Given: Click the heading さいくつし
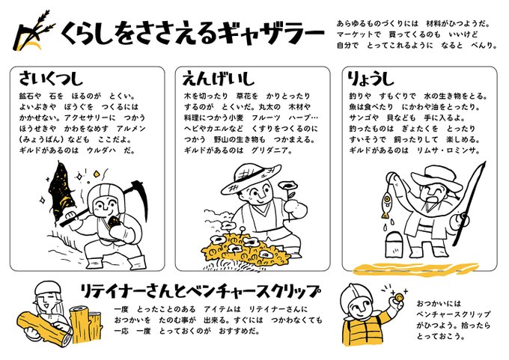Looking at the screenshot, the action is [x=51, y=79].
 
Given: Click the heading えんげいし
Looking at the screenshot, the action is [x=218, y=79].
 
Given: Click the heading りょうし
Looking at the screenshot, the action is [x=371, y=79].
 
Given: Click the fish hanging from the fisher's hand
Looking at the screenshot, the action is [x=386, y=204].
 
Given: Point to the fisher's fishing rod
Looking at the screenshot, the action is [x=471, y=203].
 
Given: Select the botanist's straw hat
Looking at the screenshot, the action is [x=251, y=179].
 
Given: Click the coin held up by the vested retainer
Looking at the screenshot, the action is [x=398, y=296].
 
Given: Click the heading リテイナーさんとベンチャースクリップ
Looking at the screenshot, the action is [x=200, y=291].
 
